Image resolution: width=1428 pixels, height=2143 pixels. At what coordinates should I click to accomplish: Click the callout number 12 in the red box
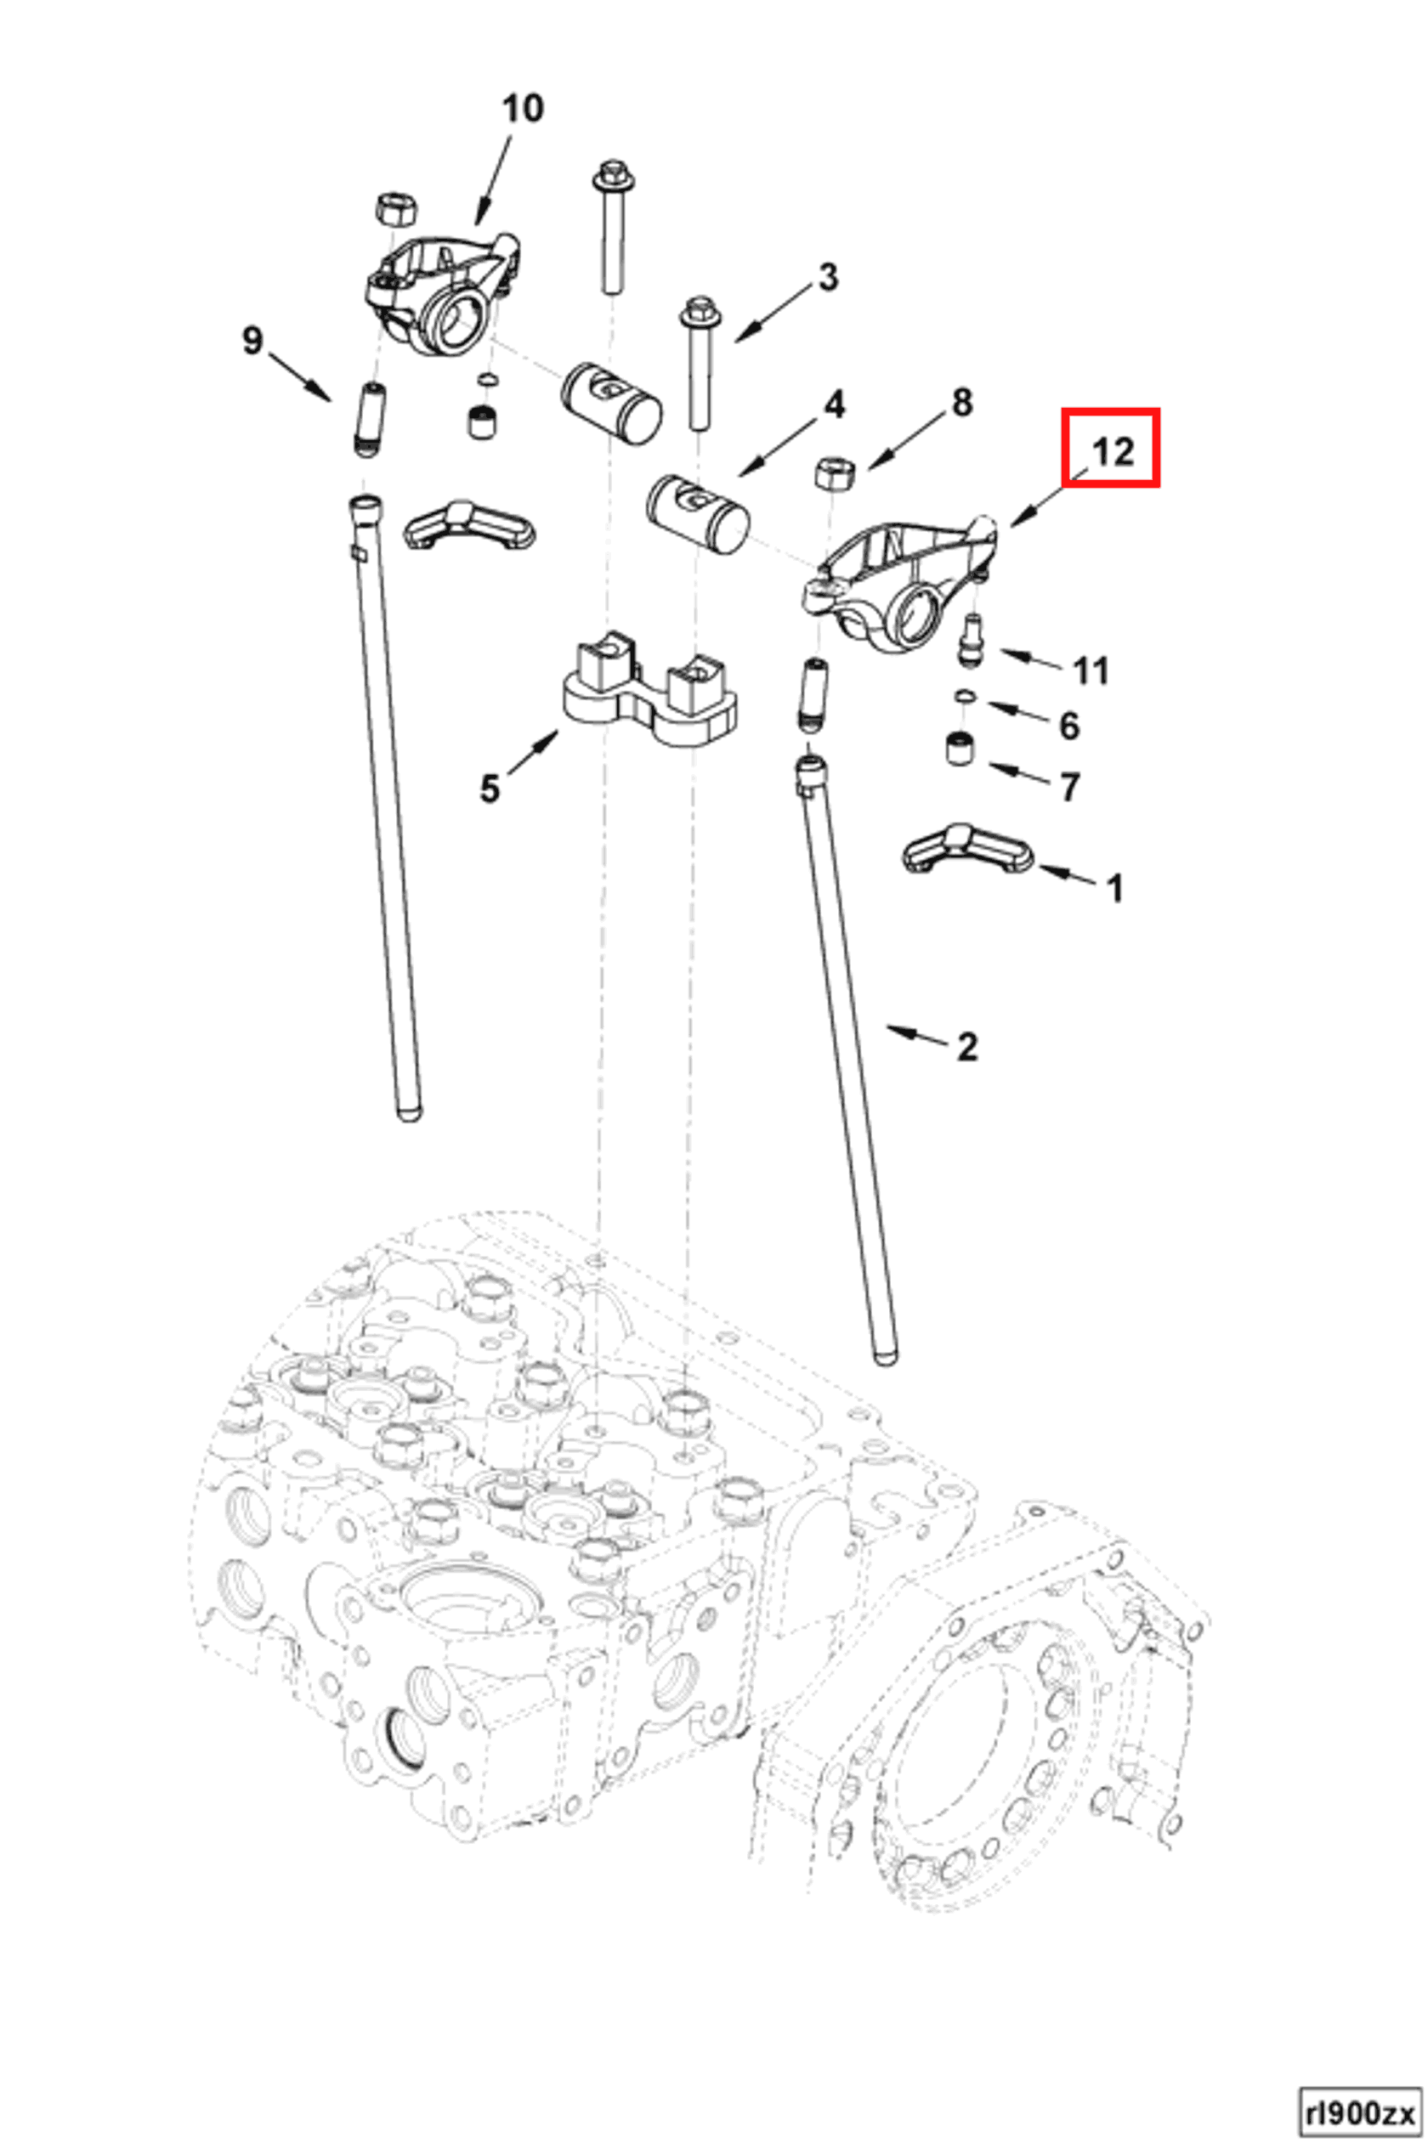click(x=1111, y=449)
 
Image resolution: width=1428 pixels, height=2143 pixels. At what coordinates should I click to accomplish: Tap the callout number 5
click(x=490, y=789)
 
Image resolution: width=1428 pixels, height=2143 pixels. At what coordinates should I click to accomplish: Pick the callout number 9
click(x=252, y=341)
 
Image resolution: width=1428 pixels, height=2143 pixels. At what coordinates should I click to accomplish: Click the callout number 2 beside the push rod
click(x=966, y=1046)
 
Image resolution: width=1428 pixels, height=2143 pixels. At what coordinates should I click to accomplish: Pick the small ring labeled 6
click(x=966, y=698)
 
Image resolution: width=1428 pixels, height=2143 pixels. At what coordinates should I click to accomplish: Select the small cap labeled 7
click(x=958, y=749)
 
